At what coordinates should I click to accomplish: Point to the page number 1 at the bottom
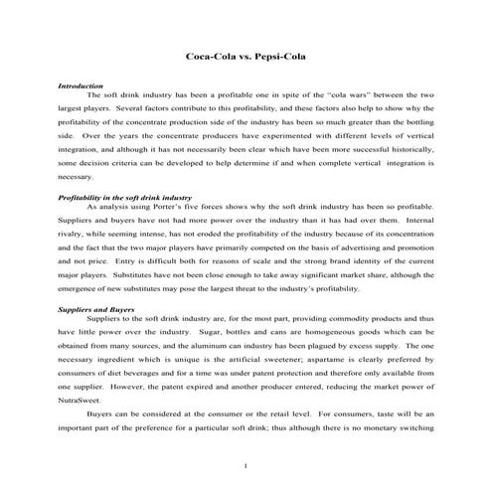click(245, 466)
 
